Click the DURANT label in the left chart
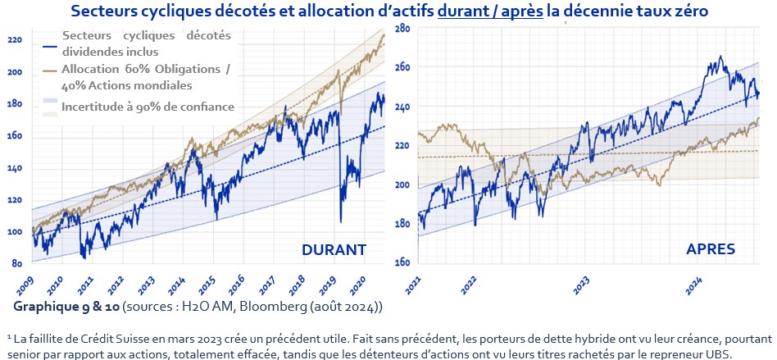coord(333,249)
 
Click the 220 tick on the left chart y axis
coord(14,40)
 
